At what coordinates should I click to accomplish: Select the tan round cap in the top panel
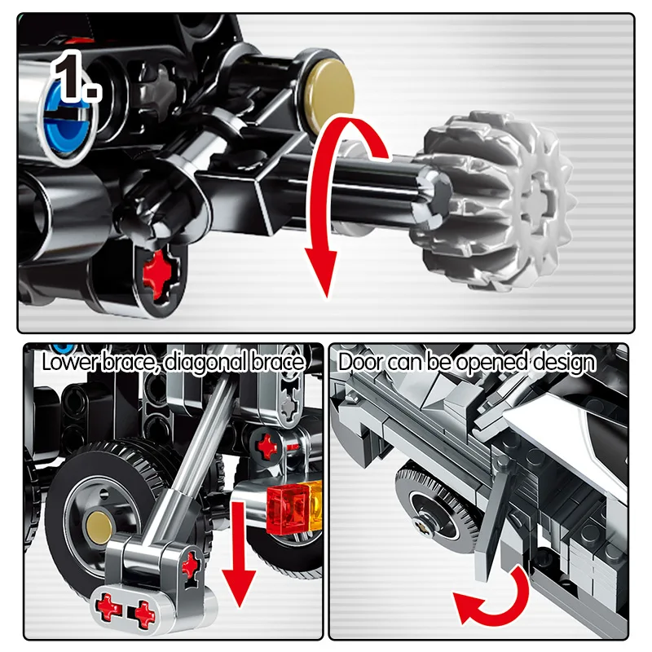328,90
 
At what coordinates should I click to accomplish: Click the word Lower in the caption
71,362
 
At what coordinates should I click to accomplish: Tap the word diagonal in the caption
206,363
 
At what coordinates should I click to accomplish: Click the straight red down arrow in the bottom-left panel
238,554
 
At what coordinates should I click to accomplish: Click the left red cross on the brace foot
109,610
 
